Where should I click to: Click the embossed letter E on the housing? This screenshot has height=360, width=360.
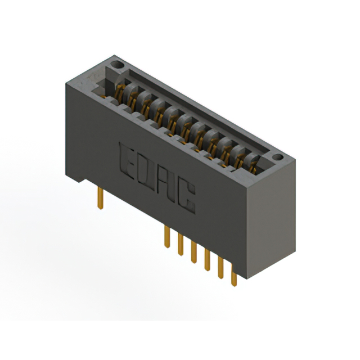129,160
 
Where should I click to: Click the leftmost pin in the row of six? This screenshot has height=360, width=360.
166,236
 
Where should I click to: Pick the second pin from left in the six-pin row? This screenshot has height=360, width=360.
180,244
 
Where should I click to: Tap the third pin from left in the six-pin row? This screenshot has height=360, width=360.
193,252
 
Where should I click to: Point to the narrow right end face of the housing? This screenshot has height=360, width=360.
273,214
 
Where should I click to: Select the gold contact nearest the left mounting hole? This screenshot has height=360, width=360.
119,89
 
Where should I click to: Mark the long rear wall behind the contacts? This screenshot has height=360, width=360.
197,104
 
